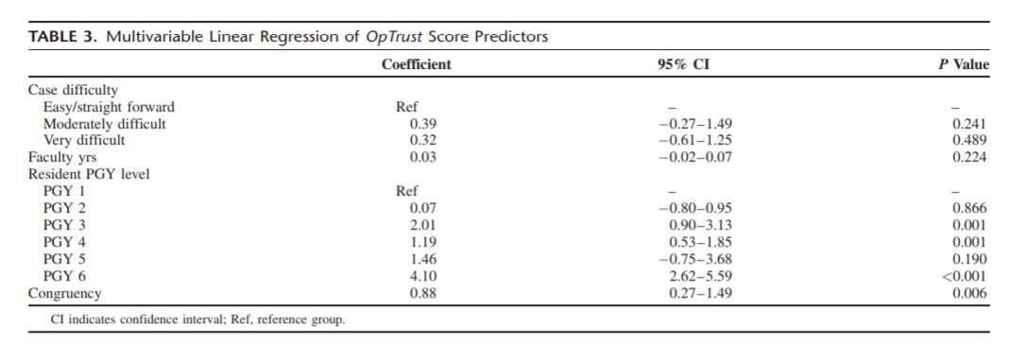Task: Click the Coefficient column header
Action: point(416,65)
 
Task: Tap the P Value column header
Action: point(965,65)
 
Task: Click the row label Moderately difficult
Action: point(105,123)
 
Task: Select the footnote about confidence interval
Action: point(197,319)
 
